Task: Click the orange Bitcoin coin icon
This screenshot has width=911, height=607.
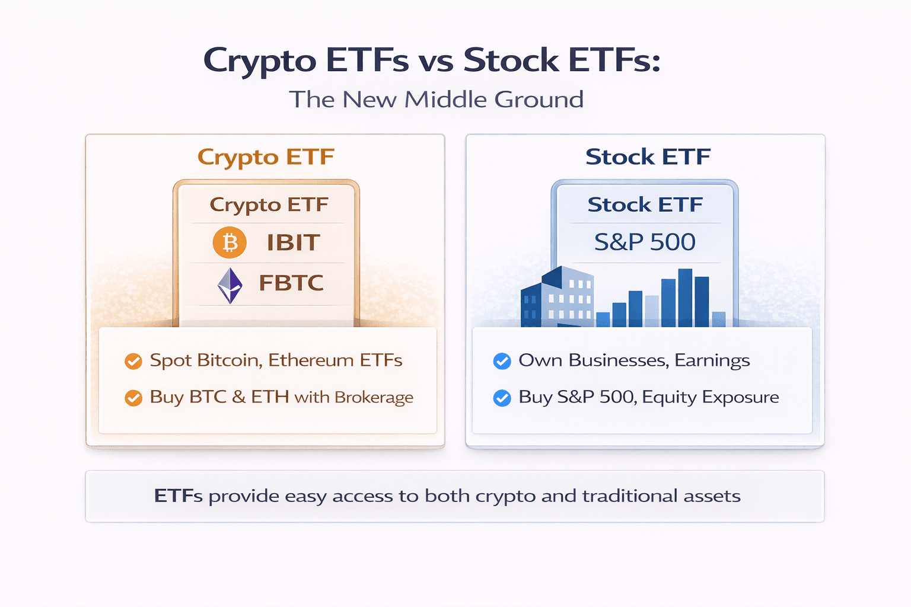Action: (230, 242)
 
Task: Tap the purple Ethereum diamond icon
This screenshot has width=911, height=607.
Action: (230, 285)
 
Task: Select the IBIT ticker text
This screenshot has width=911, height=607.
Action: (293, 242)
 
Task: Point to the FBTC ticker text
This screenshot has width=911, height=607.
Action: (291, 283)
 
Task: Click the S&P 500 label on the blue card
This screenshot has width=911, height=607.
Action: (645, 242)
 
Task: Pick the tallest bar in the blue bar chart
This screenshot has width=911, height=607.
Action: (685, 298)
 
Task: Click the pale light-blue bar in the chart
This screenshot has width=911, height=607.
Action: (652, 311)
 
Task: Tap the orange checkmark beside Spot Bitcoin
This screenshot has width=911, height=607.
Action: (133, 361)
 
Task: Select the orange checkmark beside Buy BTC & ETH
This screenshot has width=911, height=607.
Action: (133, 398)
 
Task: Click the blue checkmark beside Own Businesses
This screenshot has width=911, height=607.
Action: (502, 361)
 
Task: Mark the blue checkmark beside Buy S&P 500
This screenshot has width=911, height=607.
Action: (502, 398)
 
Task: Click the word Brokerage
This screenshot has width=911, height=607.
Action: (374, 398)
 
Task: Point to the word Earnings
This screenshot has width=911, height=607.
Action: (712, 361)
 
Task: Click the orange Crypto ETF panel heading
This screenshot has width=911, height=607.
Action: (266, 158)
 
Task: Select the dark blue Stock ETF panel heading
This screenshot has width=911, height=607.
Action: (648, 157)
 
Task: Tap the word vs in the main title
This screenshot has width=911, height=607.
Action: (437, 61)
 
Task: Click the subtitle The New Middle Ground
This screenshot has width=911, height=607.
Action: (437, 100)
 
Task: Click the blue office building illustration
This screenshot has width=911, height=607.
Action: (557, 298)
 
